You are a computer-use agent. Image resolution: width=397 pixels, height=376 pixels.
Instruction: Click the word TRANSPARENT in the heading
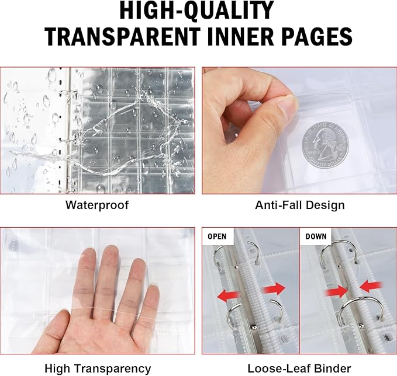coord(122,36)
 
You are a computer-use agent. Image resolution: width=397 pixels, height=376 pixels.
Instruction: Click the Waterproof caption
coord(97,205)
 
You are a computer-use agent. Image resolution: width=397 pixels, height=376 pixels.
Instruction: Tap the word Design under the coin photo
coord(325,206)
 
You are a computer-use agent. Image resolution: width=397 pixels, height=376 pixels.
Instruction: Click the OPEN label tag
coord(217,236)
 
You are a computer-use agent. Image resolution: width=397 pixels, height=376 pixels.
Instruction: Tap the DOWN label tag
coord(316,236)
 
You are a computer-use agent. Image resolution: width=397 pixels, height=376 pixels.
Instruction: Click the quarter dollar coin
coord(325,145)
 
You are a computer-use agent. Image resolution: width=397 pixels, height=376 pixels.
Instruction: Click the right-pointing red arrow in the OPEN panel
coord(274,289)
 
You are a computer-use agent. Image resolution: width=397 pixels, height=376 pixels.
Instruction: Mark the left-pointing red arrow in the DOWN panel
coord(371,287)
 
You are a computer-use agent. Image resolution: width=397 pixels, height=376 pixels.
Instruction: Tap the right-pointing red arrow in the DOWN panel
coord(336,293)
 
